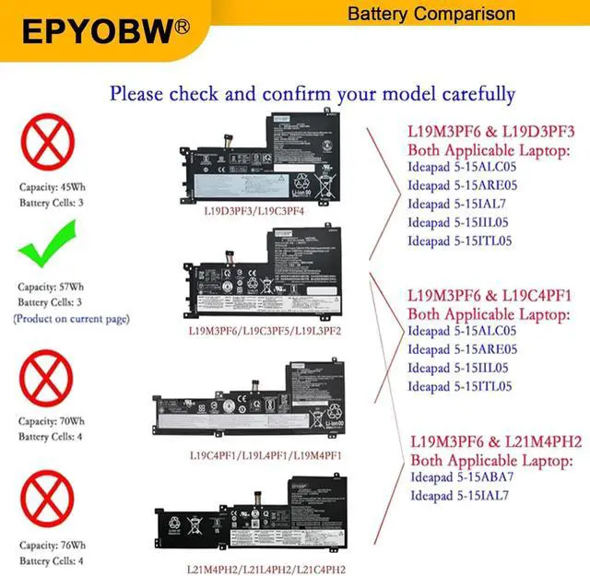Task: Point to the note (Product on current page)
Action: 71,319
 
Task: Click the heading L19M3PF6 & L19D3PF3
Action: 491,132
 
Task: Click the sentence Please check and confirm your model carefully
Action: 312,93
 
